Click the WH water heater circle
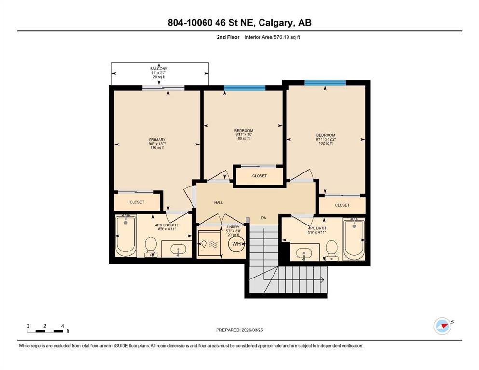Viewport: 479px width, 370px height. coord(236,244)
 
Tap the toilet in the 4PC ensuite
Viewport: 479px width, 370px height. coord(151,247)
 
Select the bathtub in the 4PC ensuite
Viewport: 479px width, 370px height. coord(125,236)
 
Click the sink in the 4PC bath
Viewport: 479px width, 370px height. coord(303,253)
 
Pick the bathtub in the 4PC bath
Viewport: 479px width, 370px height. coord(354,239)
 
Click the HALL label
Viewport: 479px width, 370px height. coord(219,202)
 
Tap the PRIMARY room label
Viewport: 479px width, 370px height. coord(157,140)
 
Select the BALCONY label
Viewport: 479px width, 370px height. coord(159,69)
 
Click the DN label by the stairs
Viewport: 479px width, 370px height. coord(264,218)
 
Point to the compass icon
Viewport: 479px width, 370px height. coord(442,326)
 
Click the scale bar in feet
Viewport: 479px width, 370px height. coord(45,331)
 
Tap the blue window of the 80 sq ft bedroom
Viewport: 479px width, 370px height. coord(245,88)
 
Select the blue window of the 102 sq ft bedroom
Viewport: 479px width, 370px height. coord(325,83)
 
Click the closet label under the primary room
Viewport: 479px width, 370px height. coord(137,202)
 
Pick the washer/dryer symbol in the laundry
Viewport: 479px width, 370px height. coord(209,243)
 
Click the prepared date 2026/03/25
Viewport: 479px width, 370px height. coord(252,330)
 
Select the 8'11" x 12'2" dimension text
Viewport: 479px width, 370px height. coord(326,139)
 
